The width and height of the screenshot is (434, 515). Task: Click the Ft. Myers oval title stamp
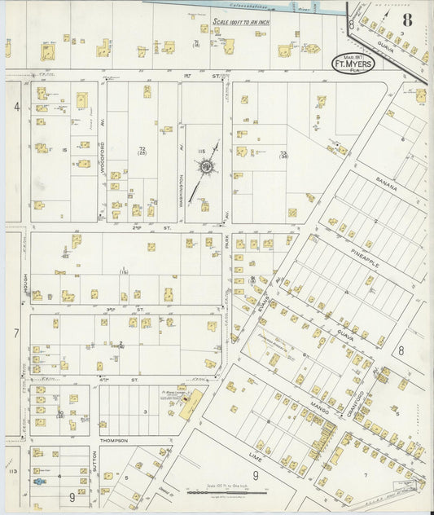coord(353,63)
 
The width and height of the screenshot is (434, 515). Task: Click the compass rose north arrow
coord(206,167)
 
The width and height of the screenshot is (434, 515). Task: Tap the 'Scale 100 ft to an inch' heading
coord(241,22)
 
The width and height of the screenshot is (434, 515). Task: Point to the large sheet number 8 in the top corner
coord(406,19)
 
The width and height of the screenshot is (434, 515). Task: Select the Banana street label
coord(388,186)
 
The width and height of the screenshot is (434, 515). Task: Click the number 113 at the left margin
coord(11,470)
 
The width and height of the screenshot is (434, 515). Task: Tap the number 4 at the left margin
coord(15,106)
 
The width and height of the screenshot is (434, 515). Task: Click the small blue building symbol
coord(38,482)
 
